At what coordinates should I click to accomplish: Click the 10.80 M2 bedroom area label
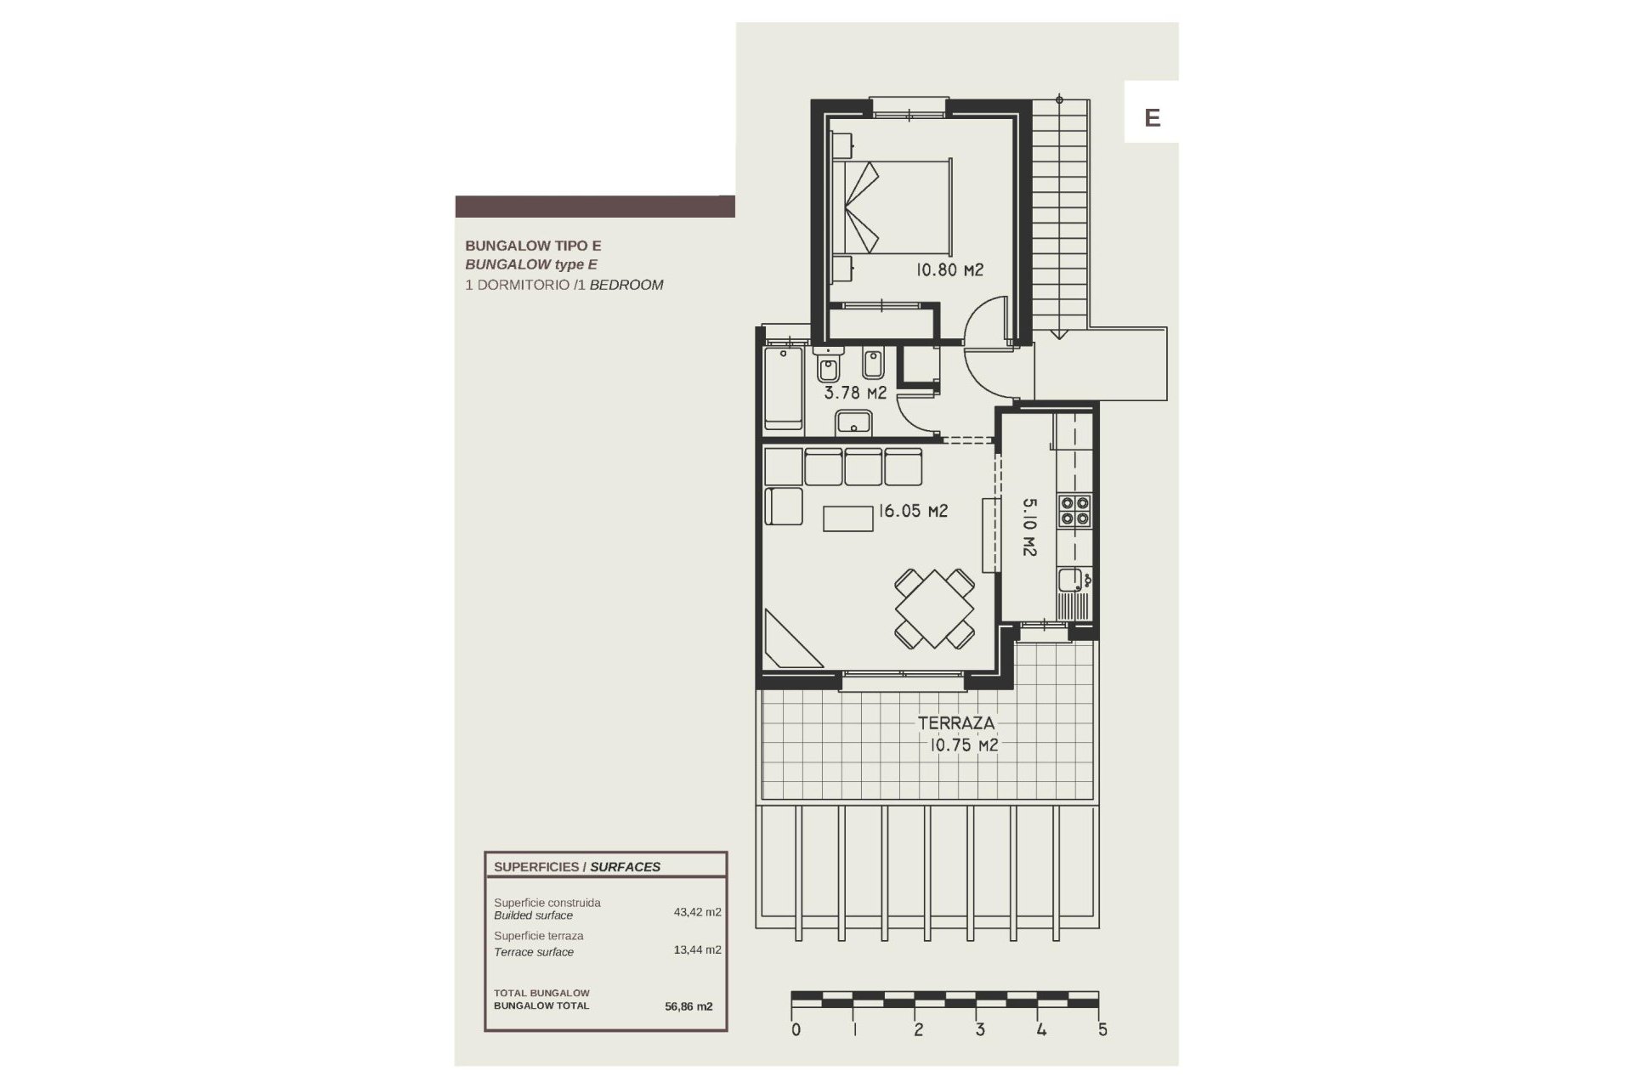point(949,270)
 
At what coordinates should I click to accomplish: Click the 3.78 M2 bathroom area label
point(855,393)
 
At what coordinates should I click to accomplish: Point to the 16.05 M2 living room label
point(913,511)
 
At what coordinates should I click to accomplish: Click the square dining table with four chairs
point(934,609)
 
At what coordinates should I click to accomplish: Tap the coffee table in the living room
point(848,518)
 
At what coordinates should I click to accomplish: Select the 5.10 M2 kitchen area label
point(1029,527)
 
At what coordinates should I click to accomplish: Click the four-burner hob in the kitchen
point(1074,511)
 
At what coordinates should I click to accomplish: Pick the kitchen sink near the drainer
point(1068,581)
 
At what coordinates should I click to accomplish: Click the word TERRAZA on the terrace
point(955,723)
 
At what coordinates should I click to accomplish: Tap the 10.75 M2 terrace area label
point(963,745)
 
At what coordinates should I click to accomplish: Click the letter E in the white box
point(1152,117)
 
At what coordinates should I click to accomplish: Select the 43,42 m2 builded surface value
point(697,912)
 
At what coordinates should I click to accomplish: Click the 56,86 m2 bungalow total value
point(688,1006)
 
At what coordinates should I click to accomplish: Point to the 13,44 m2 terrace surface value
point(697,949)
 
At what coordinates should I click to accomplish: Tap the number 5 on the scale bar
point(1102,1030)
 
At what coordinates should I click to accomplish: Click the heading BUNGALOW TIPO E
point(533,246)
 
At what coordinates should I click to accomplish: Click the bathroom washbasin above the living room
point(853,422)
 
